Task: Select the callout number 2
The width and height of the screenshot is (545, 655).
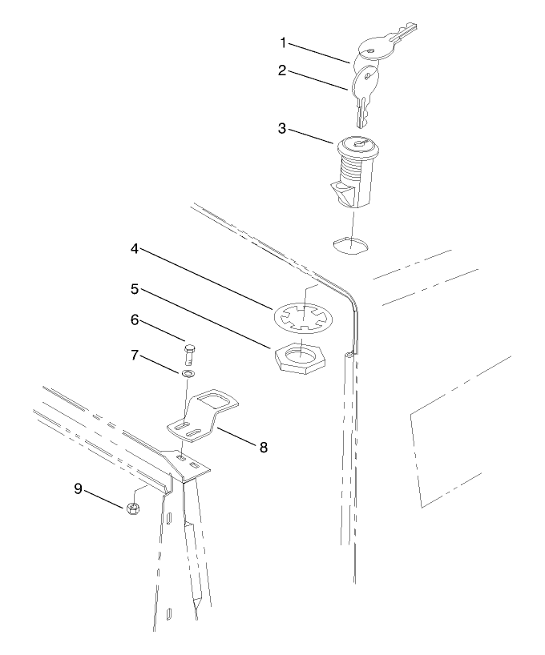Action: [x=283, y=70]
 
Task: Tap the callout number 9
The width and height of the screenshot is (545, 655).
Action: [x=79, y=488]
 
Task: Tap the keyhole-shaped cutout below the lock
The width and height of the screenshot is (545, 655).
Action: [x=349, y=243]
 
